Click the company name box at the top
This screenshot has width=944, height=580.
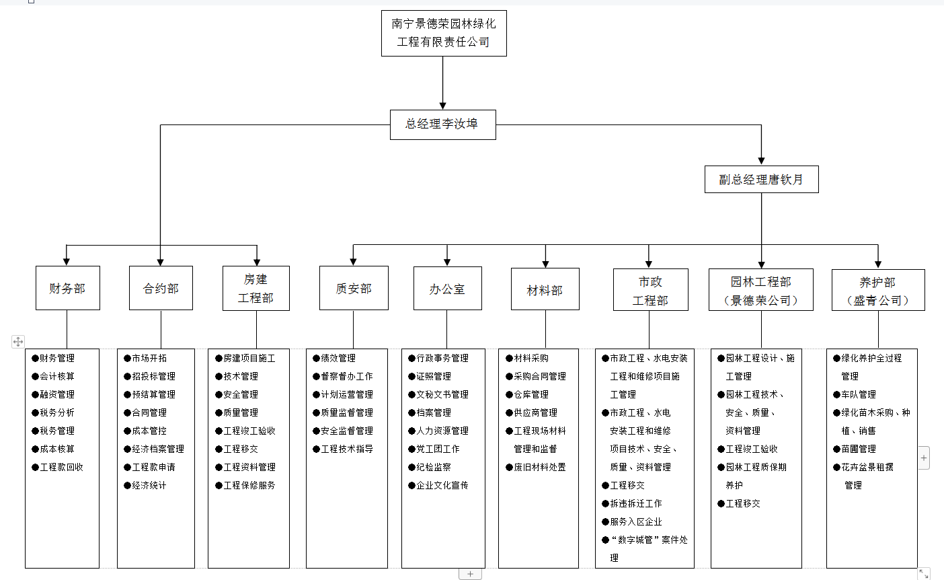pos(443,33)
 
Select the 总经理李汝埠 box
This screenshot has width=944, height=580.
pos(442,124)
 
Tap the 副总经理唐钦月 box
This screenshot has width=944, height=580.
pos(761,180)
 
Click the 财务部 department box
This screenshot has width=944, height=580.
pos(67,288)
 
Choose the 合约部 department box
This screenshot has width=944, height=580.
pos(161,288)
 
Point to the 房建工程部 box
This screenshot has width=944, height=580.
pos(255,288)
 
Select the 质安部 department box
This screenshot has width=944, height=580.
pos(354,288)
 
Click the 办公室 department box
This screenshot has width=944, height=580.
pos(447,289)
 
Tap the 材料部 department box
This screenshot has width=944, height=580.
pos(545,290)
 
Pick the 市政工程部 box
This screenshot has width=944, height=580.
pos(650,291)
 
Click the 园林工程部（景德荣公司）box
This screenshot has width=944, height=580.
pos(760,291)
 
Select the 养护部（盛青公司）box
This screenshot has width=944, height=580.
pos(877,291)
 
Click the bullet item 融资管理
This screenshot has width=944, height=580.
pos(57,394)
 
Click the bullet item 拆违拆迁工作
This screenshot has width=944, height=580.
pos(635,503)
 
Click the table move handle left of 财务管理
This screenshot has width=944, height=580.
pos(18,342)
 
